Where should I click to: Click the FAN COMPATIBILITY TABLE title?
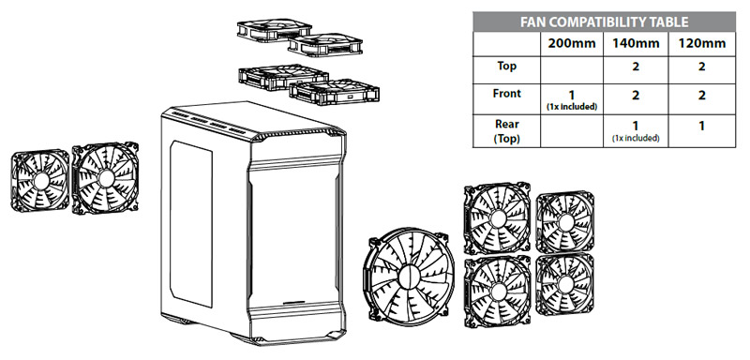click(604, 22)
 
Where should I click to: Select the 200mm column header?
click(571, 44)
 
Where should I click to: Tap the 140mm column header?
click(636, 44)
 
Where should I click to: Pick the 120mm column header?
click(701, 44)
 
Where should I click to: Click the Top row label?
click(506, 66)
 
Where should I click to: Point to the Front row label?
click(506, 93)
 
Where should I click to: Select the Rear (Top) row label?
click(506, 131)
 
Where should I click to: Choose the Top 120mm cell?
click(701, 66)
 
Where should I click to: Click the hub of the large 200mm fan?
click(409, 277)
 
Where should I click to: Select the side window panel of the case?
click(191, 223)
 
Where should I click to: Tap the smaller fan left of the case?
click(40, 180)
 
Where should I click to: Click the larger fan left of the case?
click(105, 178)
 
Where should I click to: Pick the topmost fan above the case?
click(275, 30)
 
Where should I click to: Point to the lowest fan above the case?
click(334, 92)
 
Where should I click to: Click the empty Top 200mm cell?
click(572, 70)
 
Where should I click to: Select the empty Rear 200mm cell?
click(572, 131)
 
